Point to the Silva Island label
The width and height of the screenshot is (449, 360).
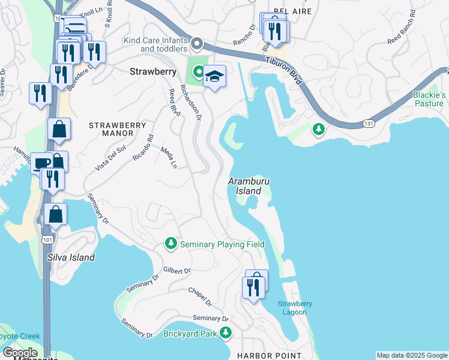pyautogui.click(x=71, y=257)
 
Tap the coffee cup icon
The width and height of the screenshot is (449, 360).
pyautogui.click(x=42, y=163)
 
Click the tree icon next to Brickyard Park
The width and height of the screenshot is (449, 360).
pyautogui.click(x=226, y=332)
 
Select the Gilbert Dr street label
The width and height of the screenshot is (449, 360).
pyautogui.click(x=176, y=271)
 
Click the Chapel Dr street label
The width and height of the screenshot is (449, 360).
pyautogui.click(x=200, y=297)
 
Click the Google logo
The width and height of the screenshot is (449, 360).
pyautogui.click(x=19, y=353)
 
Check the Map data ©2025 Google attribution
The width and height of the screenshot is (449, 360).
pyautogui.click(x=412, y=355)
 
